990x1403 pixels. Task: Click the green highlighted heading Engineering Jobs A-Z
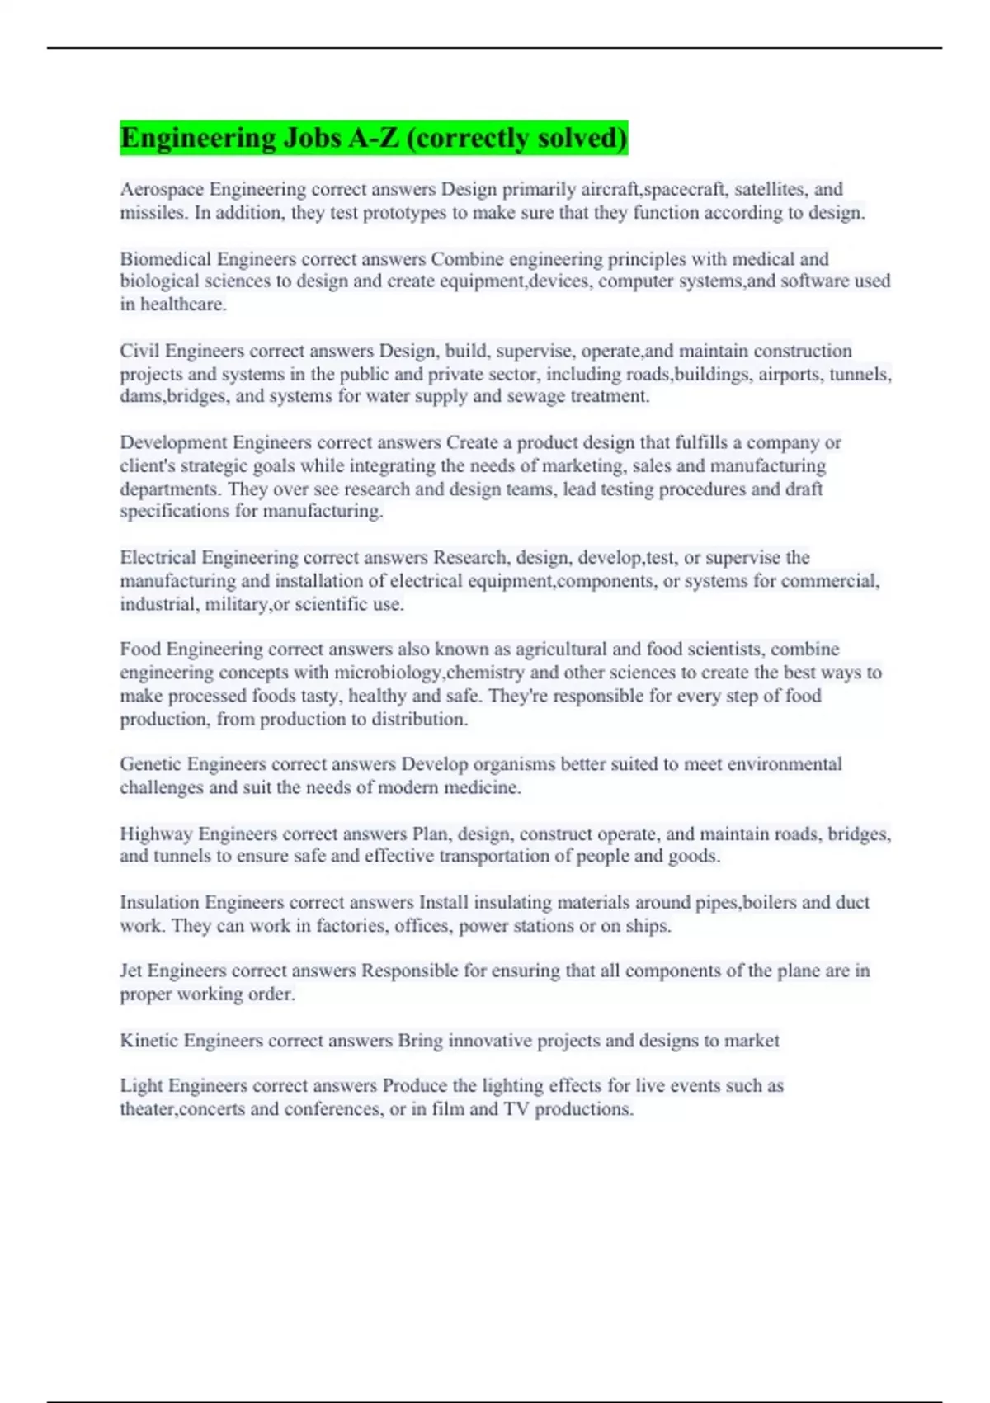coord(374,137)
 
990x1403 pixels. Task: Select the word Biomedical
coord(165,259)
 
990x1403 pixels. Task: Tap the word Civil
coord(139,351)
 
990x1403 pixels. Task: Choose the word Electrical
coord(158,558)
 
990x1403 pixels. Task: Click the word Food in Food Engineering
coord(140,650)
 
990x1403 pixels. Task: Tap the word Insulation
coord(159,902)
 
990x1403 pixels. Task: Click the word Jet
coord(131,971)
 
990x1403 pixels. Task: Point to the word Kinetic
coord(149,1041)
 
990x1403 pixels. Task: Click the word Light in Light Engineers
coord(142,1086)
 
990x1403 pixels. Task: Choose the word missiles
coord(153,213)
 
